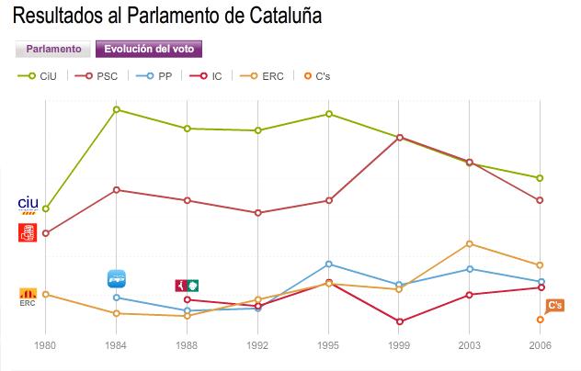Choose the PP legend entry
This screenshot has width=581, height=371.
[x=157, y=75]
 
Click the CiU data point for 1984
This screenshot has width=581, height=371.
[x=117, y=109]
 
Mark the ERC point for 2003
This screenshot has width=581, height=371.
[x=470, y=243]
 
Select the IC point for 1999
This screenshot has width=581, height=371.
[x=400, y=321]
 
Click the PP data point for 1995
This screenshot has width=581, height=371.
[x=329, y=264]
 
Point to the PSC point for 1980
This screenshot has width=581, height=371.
[x=45, y=233]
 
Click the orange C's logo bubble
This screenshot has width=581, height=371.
[x=554, y=306]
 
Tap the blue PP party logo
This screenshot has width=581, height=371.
[x=117, y=278]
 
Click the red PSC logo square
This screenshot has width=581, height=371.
[x=28, y=232]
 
